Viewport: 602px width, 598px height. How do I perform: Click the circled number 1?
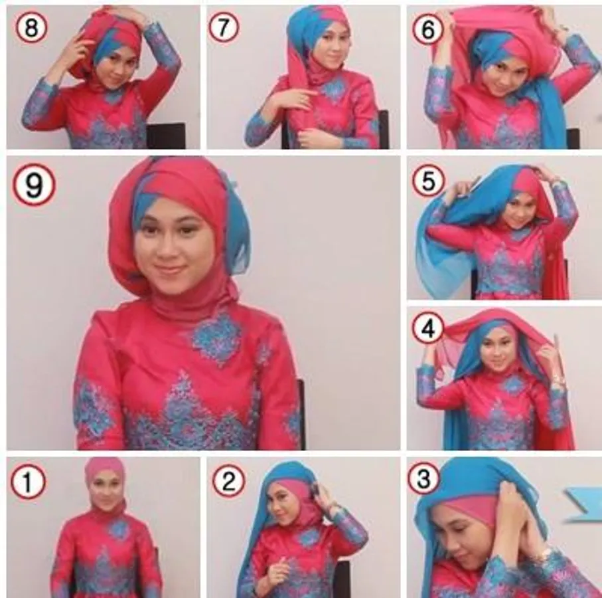tap(28, 482)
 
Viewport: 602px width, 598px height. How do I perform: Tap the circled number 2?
tap(228, 481)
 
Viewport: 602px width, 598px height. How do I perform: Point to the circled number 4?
tap(428, 329)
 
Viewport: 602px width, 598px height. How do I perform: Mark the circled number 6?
tap(427, 30)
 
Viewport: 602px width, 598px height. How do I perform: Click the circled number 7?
tap(224, 27)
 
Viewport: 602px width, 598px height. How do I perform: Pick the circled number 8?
tap(31, 27)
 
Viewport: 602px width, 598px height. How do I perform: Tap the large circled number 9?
tap(33, 185)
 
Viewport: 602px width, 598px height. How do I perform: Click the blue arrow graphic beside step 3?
tap(582, 504)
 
